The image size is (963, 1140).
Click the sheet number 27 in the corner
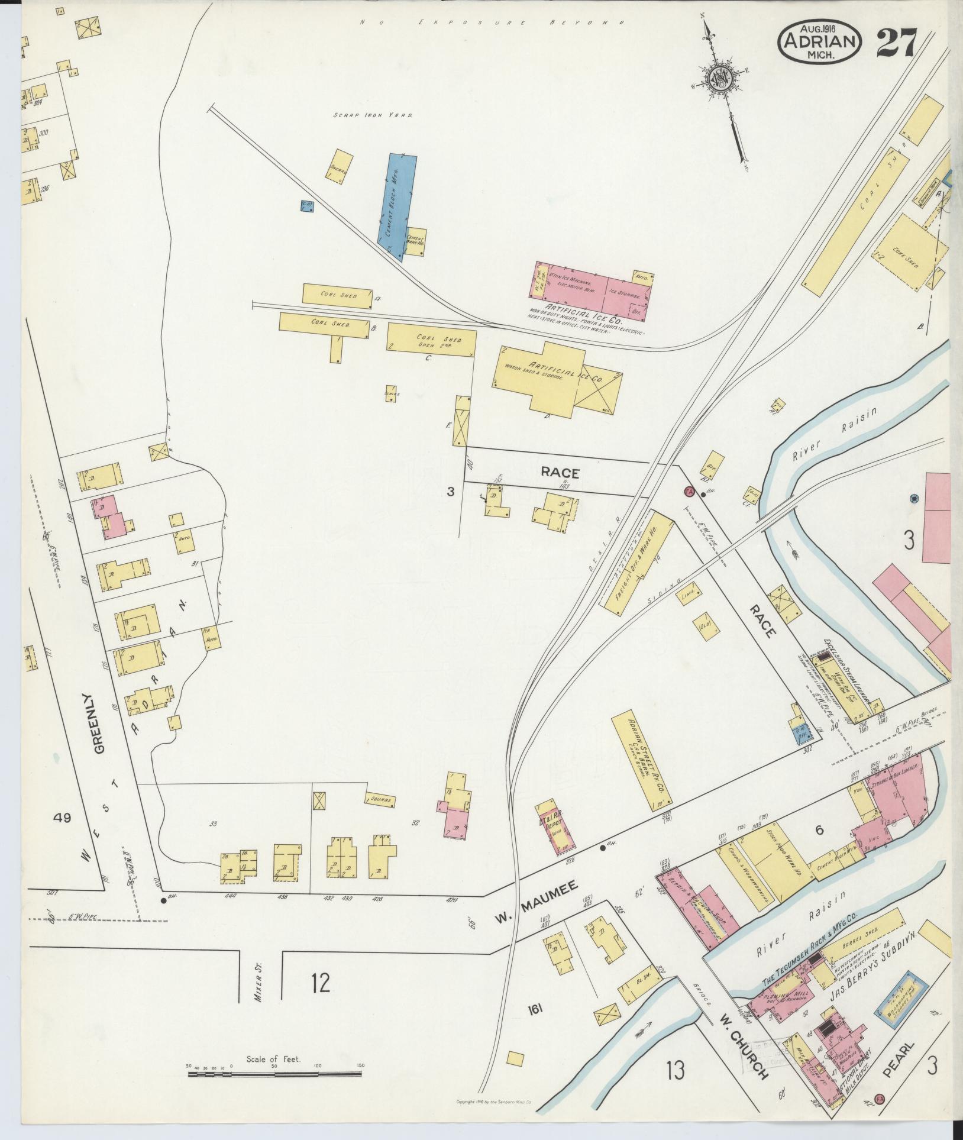click(896, 43)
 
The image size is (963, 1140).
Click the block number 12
click(321, 983)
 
